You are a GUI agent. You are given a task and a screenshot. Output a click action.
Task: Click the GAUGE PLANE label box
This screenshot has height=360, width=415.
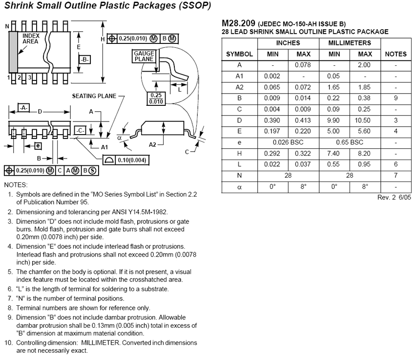click(144, 56)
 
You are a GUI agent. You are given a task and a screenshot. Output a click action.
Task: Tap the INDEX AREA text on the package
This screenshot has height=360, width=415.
click(31, 39)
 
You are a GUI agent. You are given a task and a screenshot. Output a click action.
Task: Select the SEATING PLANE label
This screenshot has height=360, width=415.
click(94, 96)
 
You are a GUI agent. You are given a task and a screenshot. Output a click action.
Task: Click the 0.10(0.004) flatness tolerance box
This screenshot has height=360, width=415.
click(126, 160)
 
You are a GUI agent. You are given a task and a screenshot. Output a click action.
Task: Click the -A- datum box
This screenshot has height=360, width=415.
click(23, 107)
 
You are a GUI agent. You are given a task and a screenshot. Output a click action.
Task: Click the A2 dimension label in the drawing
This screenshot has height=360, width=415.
click(153, 144)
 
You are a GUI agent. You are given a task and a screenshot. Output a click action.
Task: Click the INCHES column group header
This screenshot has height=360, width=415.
click(288, 43)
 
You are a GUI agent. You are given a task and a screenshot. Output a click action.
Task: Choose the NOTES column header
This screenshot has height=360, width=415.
click(395, 54)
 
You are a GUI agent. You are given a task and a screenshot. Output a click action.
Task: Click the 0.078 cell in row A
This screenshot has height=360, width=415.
click(303, 65)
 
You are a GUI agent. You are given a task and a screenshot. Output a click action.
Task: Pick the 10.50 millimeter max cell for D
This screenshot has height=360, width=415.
click(365, 120)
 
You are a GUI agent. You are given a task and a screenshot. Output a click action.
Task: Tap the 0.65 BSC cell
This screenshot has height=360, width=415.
click(350, 142)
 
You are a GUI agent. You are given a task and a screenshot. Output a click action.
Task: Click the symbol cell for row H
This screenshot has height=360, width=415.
click(239, 154)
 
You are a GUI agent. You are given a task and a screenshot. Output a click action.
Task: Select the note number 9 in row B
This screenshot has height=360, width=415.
click(395, 98)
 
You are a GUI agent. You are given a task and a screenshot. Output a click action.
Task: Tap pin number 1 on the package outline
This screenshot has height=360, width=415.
click(9, 78)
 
